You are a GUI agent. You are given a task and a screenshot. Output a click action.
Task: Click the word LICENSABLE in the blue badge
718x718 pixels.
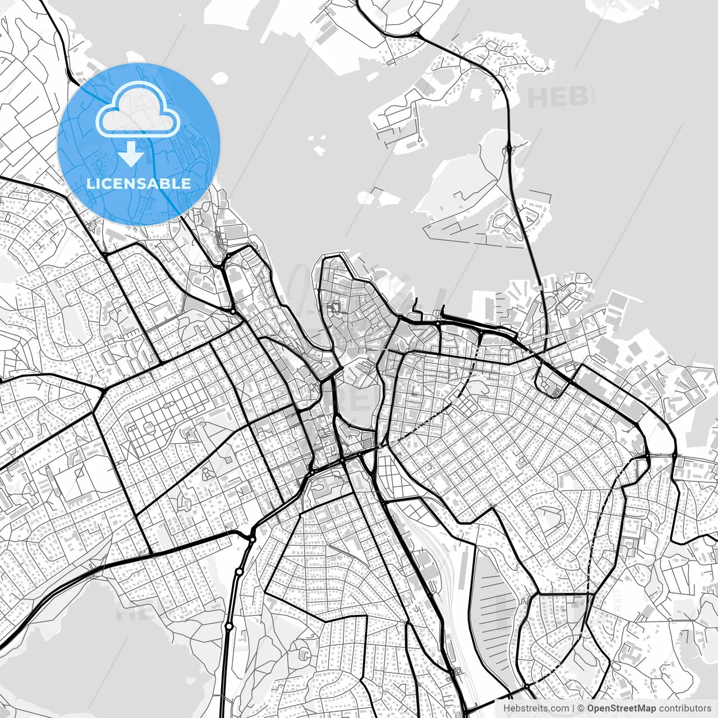point(139,183)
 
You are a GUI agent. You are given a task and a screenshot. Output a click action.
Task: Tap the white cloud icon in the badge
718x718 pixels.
point(138,111)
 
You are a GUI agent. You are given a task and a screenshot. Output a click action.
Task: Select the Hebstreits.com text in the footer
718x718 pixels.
point(528,708)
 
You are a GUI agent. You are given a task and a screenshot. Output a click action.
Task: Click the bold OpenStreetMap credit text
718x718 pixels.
point(621,708)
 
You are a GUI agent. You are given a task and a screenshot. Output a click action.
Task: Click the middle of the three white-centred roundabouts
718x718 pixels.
point(239,572)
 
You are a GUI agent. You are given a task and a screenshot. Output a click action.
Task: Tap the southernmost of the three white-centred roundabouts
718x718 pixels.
point(229,626)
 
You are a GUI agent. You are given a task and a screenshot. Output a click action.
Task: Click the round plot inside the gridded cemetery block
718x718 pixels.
point(149,427)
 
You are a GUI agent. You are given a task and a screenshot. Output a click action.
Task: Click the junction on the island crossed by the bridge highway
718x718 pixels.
point(509,150)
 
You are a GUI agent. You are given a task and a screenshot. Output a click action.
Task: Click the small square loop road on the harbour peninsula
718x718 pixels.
point(337,307)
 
